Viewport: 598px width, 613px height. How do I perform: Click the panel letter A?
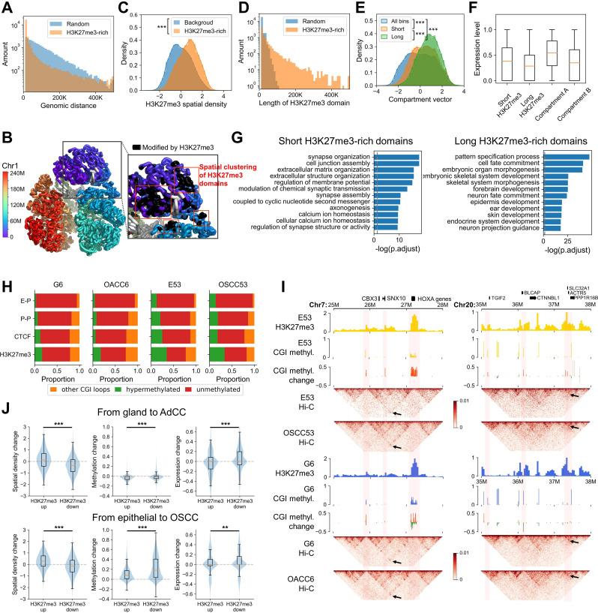click(7, 7)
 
